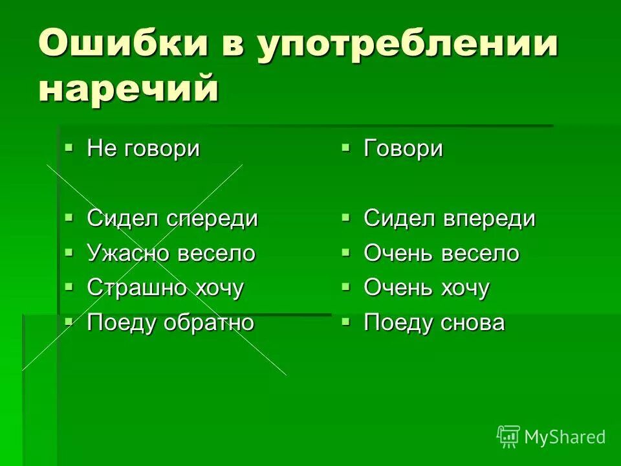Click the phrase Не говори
click(x=143, y=149)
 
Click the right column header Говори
click(x=403, y=149)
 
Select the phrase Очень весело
click(x=441, y=253)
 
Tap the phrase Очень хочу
click(x=426, y=287)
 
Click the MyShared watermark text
click(x=565, y=437)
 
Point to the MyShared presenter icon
click(x=508, y=436)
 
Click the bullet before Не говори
click(x=69, y=148)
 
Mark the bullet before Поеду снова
click(x=346, y=320)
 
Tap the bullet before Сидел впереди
click(x=346, y=217)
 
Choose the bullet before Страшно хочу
click(x=69, y=285)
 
